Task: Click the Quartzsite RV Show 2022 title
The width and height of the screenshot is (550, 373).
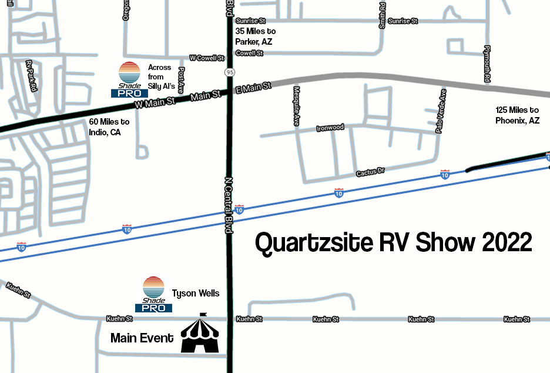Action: (393, 242)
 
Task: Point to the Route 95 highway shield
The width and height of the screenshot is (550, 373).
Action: (229, 72)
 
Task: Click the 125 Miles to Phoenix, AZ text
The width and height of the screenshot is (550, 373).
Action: (517, 115)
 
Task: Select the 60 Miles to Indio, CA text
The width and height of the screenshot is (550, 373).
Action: (109, 126)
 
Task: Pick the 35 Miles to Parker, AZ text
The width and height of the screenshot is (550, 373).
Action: (255, 36)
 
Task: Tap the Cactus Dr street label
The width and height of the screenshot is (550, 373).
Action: (370, 172)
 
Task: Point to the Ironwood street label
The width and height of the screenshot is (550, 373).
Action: (330, 128)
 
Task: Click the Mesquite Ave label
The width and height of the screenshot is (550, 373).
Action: (297, 106)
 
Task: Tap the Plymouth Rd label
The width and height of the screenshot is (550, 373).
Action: (487, 63)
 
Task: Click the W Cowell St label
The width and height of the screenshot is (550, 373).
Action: (207, 58)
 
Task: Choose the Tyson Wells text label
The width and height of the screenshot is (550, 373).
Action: (196, 293)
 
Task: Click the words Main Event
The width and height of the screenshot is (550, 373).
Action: (142, 338)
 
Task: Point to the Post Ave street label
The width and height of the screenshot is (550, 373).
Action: (181, 80)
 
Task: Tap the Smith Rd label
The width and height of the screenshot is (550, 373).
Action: (383, 14)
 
